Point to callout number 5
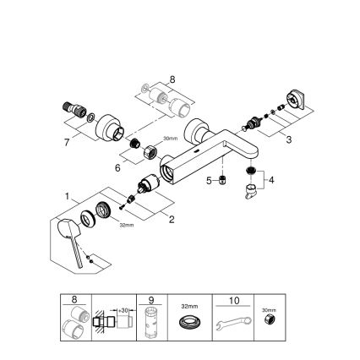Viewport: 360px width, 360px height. (208, 179)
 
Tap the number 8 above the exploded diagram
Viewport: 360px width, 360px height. (172, 80)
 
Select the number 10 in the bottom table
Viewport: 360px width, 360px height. (235, 299)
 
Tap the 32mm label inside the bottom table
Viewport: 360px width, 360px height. (191, 308)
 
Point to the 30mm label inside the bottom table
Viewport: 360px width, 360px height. (270, 310)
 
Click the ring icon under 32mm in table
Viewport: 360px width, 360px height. (191, 324)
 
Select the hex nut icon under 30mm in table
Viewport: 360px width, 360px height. (270, 322)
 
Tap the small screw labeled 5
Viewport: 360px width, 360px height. (221, 180)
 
